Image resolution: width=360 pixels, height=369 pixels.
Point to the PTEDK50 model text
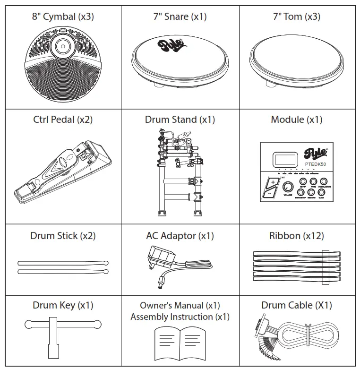click(x=316, y=164)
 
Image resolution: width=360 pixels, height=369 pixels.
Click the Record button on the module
click(x=311, y=193)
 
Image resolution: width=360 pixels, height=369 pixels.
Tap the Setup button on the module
click(x=302, y=182)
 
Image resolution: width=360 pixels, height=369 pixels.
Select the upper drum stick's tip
click(x=105, y=263)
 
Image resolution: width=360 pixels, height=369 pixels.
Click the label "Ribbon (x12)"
click(x=296, y=236)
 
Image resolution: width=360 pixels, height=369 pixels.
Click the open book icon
click(x=180, y=341)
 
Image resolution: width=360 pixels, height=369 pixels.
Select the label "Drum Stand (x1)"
click(x=180, y=120)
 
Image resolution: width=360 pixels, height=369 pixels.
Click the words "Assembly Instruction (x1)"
click(x=180, y=317)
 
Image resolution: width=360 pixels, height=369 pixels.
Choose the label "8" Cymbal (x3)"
click(x=62, y=17)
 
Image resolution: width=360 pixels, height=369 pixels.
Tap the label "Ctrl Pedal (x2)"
click(x=62, y=120)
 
